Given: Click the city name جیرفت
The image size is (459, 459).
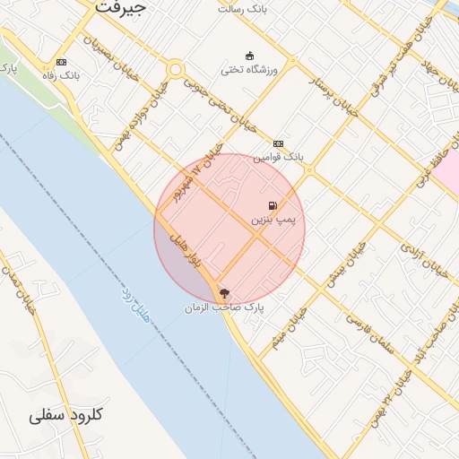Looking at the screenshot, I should (x=120, y=7).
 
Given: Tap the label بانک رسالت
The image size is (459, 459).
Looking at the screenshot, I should (x=242, y=8).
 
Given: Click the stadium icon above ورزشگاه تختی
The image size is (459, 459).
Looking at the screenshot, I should (x=249, y=54).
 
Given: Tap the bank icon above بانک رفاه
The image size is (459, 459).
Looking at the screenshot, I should (x=61, y=62).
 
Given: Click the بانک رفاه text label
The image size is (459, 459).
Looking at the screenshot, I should (x=62, y=76).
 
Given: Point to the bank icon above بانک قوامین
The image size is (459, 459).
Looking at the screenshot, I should (x=278, y=143).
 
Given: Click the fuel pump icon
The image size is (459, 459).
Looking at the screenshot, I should (x=273, y=205).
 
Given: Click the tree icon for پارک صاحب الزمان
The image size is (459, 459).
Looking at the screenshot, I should (x=223, y=292).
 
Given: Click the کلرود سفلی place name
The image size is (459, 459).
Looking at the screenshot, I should (x=66, y=416).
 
